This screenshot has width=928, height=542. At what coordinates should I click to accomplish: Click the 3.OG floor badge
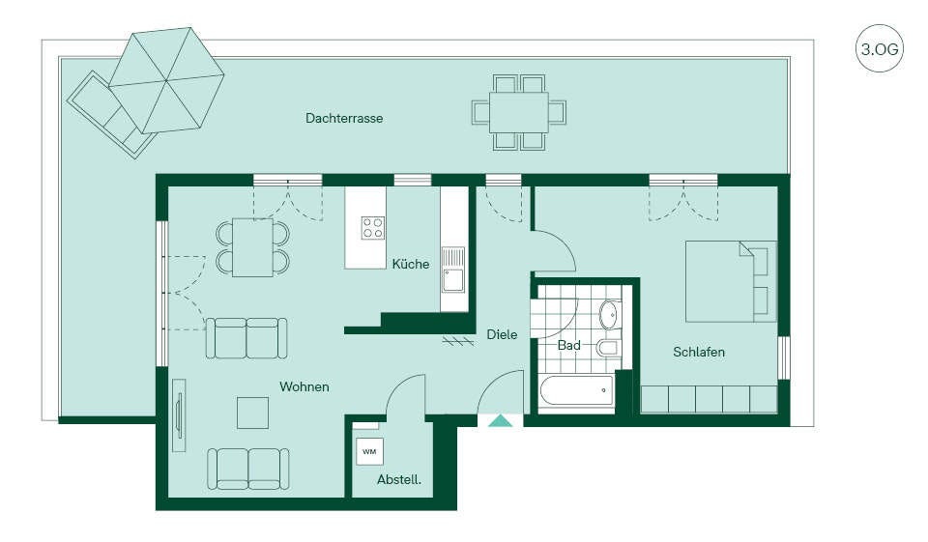pos(880,48)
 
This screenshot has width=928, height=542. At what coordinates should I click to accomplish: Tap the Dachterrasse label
pos(344,118)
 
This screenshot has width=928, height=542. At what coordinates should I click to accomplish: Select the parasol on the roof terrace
pos(166,80)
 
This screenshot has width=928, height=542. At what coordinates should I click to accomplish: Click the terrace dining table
pos(518,112)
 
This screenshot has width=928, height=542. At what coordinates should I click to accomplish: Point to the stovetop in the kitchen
pos(373,228)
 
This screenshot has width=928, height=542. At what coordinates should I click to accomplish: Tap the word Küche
pos(410,264)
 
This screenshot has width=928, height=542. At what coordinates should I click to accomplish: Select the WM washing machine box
pos(369,452)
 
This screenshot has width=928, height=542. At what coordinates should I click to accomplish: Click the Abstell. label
pos(399,479)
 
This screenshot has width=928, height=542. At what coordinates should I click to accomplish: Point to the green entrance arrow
pos(502,420)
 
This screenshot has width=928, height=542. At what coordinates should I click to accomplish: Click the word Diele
pos(502,334)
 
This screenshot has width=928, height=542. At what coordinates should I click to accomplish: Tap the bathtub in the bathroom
pos(577,391)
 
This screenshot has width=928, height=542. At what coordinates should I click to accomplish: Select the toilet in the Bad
pos(607,347)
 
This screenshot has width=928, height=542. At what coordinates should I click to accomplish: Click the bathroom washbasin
pos(608,315)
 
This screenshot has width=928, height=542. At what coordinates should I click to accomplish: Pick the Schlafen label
pos(698,352)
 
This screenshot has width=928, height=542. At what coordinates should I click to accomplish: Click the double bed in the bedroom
pos(731,281)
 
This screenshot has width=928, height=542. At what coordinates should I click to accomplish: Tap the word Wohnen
pos(304,387)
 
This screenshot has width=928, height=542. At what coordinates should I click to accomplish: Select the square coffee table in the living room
pos(252,413)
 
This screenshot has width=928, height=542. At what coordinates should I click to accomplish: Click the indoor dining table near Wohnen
pos(252,247)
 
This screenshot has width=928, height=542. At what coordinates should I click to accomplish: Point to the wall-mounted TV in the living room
pos(180,415)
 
